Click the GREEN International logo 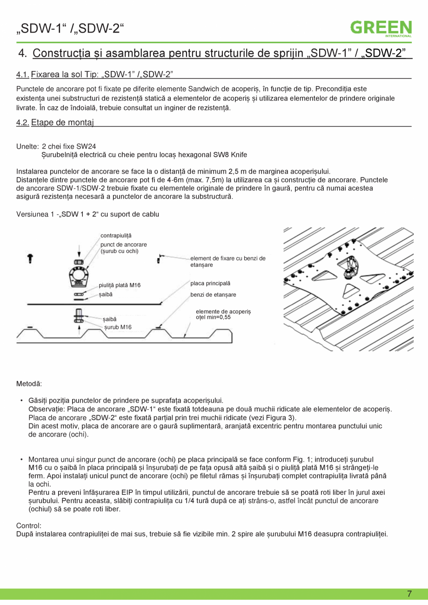pos(381,28)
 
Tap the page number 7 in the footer pos(409,594)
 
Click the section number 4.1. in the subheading pos(23,74)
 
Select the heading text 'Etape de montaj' pos(63,123)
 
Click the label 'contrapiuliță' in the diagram pos(116,236)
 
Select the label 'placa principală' pos(210,283)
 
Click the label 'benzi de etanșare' pos(213,295)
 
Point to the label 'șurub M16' pos(118,327)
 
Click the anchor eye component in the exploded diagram pos(79,277)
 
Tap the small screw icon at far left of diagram pos(30,258)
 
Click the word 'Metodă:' pos(29,384)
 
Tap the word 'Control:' pos(29,525)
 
